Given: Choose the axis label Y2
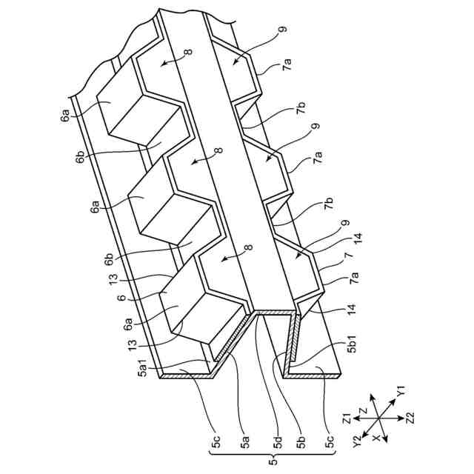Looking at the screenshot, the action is click(357, 443).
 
